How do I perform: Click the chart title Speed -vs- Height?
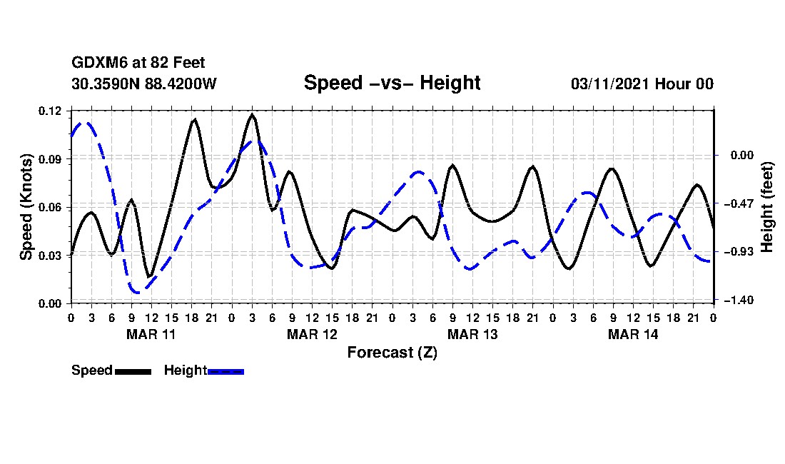392,83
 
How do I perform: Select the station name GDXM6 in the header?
96,64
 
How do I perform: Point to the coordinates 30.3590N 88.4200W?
144,84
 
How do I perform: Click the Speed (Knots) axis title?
26,207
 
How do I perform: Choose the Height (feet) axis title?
768,207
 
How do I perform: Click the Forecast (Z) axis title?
392,352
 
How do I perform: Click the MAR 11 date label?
151,334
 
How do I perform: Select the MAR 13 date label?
472,334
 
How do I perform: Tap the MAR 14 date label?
632,334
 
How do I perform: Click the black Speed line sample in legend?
133,371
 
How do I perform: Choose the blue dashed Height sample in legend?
226,371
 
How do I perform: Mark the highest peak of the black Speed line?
252,114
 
